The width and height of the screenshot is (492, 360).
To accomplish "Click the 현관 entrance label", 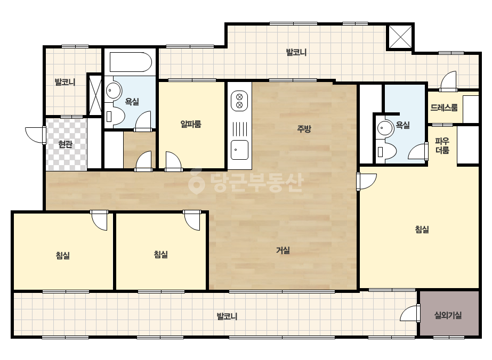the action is (65, 144).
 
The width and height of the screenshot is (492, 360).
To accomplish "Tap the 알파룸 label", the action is (191, 124).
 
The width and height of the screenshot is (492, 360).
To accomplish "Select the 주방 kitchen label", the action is (304, 128).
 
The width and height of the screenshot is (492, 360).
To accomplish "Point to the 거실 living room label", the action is (283, 250).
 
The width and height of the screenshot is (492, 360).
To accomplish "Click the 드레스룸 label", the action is (444, 108).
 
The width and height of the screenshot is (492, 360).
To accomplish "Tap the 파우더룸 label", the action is (442, 146).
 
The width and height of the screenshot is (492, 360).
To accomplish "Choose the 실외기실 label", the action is (448, 315).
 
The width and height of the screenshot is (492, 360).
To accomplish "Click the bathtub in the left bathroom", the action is (131, 62).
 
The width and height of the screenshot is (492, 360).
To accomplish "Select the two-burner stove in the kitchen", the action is (239, 101).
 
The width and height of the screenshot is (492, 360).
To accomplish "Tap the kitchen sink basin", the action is (239, 150).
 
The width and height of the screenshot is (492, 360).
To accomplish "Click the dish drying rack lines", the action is (239, 129).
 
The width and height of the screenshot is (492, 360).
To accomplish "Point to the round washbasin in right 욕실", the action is (385, 128).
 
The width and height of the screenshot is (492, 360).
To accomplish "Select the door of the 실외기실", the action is (410, 313).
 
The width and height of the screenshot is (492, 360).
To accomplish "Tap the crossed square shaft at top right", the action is (400, 36).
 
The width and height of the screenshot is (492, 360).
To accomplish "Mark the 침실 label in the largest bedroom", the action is (422, 230).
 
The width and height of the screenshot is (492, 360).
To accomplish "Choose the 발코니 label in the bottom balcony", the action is (227, 316).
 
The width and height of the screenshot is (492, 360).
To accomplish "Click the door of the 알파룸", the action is (173, 161).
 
